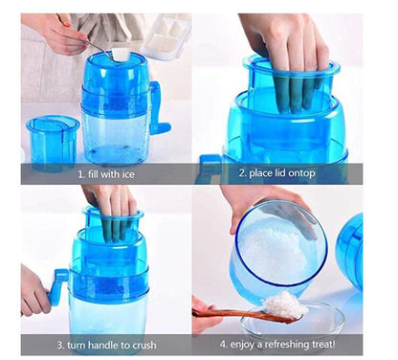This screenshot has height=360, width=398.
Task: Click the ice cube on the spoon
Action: (x=121, y=55)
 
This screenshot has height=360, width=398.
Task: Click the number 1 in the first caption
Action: (x=81, y=175)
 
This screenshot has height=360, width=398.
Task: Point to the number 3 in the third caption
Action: (x=60, y=344)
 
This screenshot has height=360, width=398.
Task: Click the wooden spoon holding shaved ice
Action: (x=239, y=313)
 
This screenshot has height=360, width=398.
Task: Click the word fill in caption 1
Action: (x=96, y=175)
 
